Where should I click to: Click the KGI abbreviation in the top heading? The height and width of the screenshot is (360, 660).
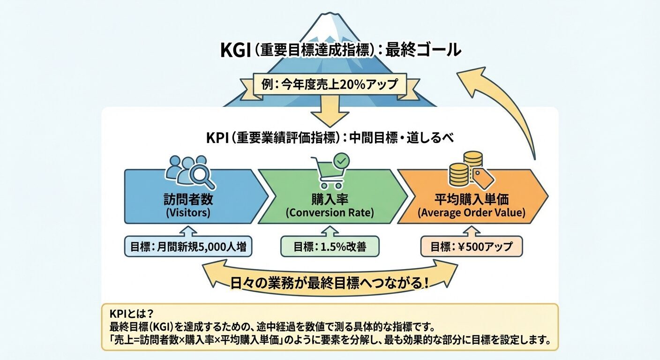235,50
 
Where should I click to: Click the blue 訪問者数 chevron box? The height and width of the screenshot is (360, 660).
190,197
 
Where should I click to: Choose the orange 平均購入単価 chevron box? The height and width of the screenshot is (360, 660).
471,197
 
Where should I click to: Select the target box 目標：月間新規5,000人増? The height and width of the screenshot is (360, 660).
188,247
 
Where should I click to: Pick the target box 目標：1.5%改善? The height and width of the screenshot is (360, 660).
329,247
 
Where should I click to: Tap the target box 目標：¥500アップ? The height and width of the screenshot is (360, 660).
472,247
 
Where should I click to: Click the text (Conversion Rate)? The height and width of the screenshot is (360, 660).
330,213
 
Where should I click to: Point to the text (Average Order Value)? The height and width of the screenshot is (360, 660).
472,213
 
